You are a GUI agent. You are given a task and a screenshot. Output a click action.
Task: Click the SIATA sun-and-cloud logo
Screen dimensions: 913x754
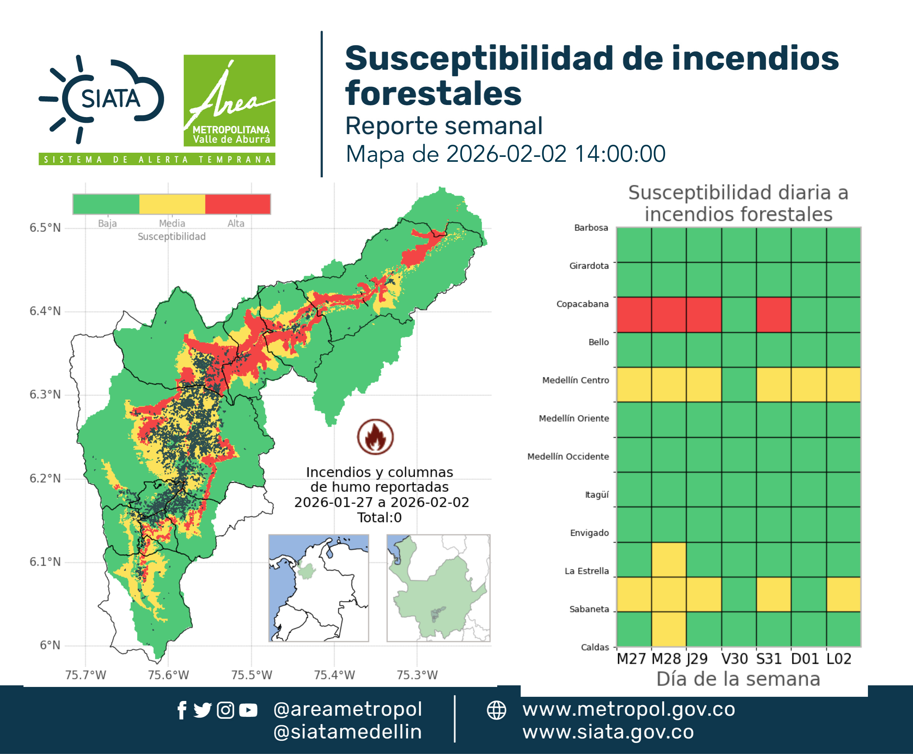tap(101, 99)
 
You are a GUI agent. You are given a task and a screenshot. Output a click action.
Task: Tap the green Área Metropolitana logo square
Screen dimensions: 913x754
tap(229, 100)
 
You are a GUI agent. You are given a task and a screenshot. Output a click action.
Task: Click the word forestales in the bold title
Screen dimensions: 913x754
tap(433, 93)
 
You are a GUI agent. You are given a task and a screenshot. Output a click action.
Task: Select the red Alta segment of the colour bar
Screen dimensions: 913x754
tap(237, 204)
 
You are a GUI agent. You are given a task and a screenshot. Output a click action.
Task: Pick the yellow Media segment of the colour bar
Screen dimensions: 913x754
tap(172, 204)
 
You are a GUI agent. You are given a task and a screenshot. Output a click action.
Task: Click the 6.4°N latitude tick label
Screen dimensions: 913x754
tap(45, 311)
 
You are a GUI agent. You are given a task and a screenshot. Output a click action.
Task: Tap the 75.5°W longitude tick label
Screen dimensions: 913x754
tap(251, 675)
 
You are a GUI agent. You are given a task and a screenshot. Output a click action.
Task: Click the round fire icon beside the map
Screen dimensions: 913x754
tap(376, 436)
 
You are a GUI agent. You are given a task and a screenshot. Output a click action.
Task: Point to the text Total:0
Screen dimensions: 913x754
tap(379, 517)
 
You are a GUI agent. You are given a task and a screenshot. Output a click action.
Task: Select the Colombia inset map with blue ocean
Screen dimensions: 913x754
tap(318, 588)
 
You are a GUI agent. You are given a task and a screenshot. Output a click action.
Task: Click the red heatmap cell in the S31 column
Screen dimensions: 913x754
tap(774, 315)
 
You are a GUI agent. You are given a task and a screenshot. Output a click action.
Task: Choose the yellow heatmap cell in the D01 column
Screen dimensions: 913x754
tap(809, 384)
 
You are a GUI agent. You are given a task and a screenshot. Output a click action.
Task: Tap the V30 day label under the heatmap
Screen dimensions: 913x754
tap(735, 659)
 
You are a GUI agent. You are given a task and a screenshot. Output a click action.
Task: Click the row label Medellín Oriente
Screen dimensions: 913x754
tap(574, 418)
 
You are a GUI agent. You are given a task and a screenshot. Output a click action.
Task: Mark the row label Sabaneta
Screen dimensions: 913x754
tap(589, 609)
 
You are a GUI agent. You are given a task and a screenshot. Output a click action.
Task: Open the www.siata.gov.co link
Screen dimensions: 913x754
tap(608, 732)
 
